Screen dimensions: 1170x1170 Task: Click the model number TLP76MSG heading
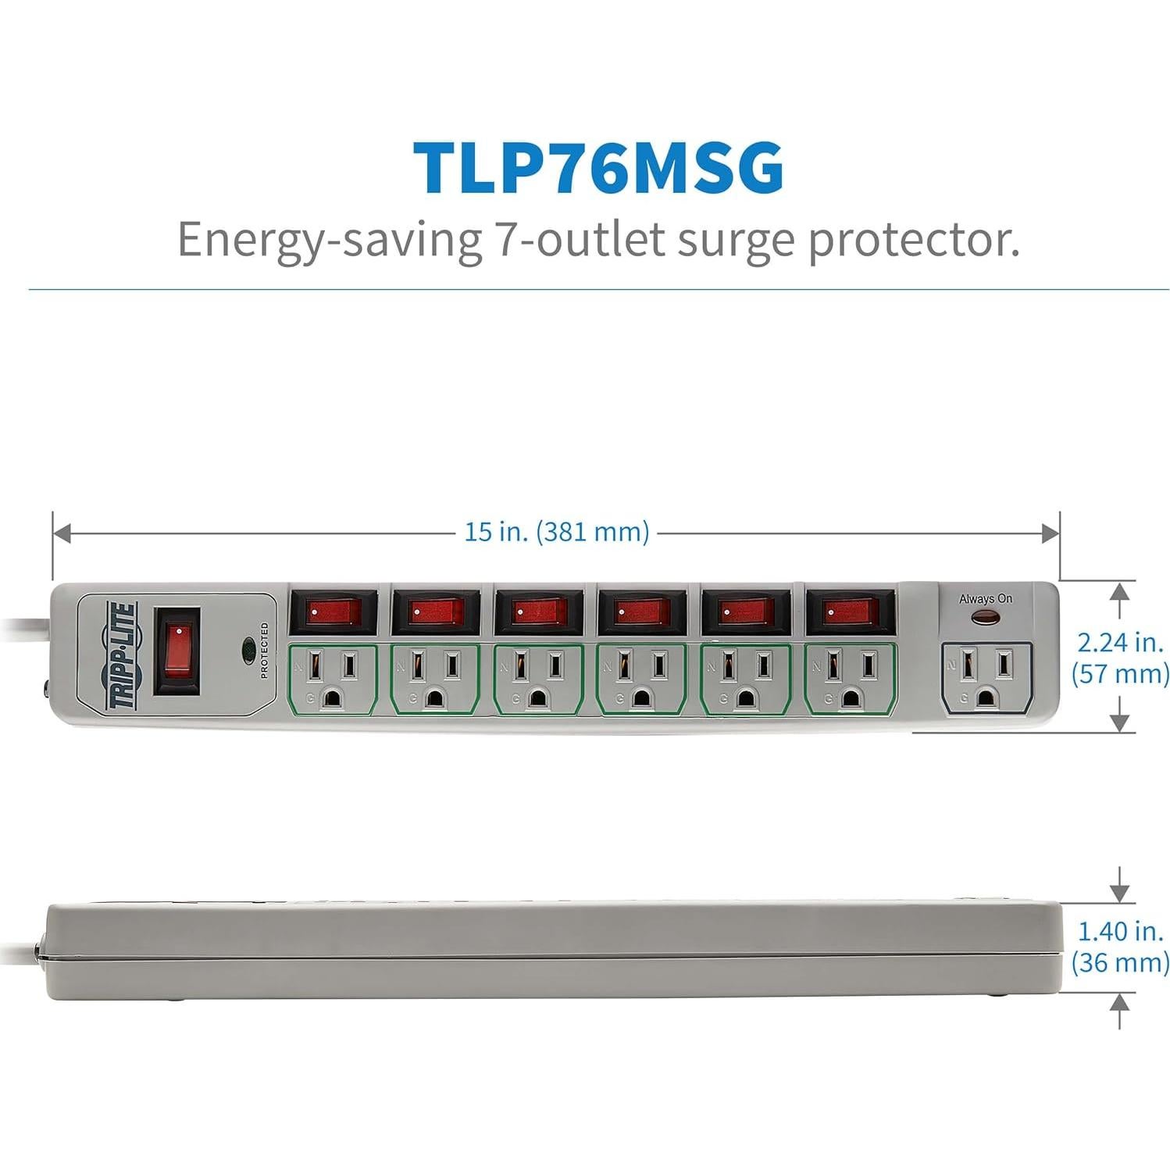click(x=597, y=166)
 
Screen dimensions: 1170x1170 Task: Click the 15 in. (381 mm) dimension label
click(x=556, y=532)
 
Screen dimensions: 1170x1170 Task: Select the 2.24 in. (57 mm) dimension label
click(x=1120, y=657)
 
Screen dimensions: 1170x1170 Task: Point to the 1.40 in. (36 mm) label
click(x=1120, y=946)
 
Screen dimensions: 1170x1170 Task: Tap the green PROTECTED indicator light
click(x=249, y=648)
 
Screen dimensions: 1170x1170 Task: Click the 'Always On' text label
click(x=985, y=599)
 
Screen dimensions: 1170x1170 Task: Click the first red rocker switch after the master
click(x=334, y=612)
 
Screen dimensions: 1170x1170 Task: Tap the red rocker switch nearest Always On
click(x=849, y=612)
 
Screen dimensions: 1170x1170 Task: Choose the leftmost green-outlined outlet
click(x=333, y=679)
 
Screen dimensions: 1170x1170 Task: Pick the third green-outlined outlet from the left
click(x=539, y=679)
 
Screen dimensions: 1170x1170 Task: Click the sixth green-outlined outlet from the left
click(x=850, y=679)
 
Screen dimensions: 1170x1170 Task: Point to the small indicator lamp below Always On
click(x=985, y=619)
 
